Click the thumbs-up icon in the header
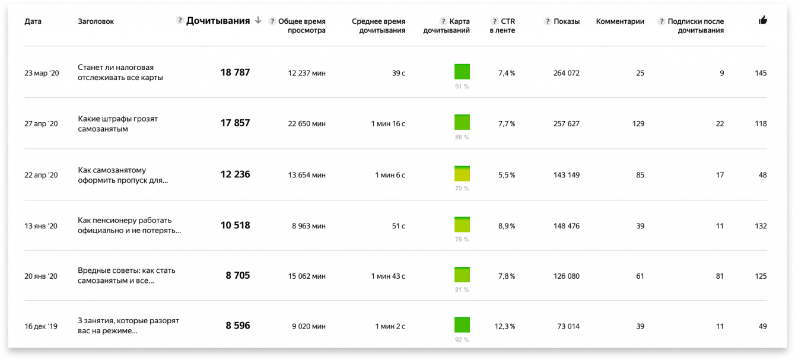762,21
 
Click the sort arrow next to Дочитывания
257,21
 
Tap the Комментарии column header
620,21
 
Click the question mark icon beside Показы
547,21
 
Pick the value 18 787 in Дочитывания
235,72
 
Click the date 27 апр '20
41,123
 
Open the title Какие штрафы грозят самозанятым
117,123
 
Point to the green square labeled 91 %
462,72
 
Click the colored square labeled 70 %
462,174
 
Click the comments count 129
638,123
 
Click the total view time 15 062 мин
307,276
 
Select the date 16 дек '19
41,326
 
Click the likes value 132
761,225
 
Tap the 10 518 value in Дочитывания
235,225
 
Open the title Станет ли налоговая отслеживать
120,72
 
